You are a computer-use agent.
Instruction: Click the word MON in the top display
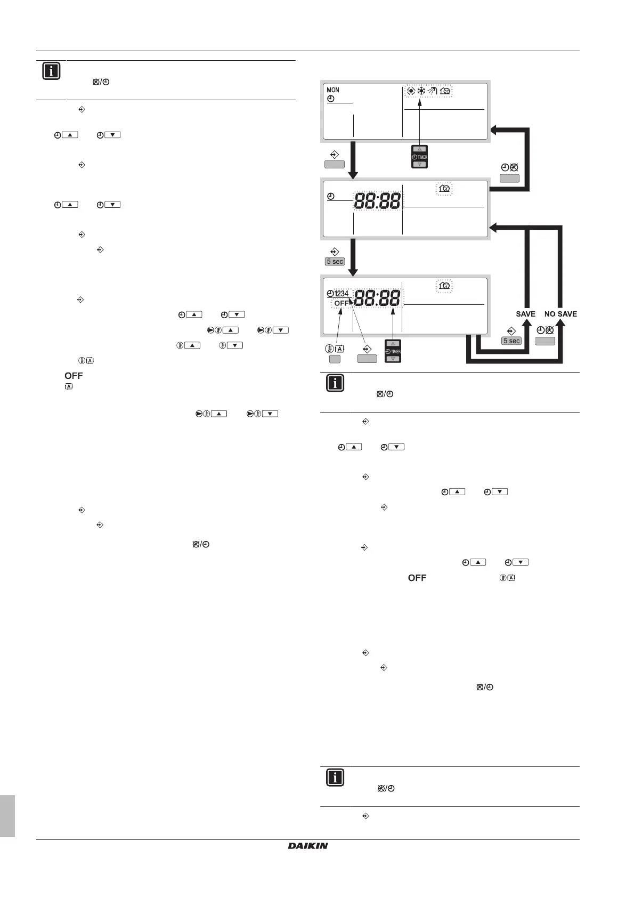[x=333, y=90]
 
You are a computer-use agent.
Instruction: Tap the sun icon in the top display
[x=410, y=91]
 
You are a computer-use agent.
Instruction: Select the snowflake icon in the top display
[x=421, y=91]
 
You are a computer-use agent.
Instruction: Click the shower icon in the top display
[x=433, y=91]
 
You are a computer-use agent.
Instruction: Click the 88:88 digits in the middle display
[x=378, y=201]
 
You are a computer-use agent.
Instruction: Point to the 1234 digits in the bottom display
[x=342, y=294]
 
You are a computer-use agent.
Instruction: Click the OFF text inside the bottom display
[x=342, y=303]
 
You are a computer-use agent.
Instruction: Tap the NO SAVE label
[x=560, y=314]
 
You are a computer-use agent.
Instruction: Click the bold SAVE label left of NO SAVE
[x=525, y=314]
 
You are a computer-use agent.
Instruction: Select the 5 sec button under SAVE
[x=511, y=341]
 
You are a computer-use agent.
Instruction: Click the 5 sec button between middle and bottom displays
[x=335, y=262]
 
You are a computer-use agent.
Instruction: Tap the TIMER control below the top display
[x=420, y=157]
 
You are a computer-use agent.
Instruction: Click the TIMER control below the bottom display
[x=393, y=352]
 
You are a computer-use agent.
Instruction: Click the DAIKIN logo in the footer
[x=308, y=846]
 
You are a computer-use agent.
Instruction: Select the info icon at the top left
[x=51, y=71]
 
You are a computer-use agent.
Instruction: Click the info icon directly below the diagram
[x=335, y=383]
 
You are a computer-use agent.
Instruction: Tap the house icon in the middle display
[x=444, y=189]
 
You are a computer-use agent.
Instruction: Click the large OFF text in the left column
[x=74, y=376]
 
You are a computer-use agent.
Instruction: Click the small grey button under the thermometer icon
[x=335, y=359]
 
